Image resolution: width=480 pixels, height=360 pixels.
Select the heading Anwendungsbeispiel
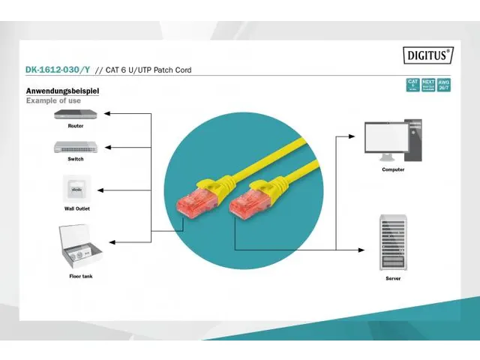pos(63,91)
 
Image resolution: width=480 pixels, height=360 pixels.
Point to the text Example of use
pos(53,100)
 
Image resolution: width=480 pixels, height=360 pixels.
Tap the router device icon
pos(75,114)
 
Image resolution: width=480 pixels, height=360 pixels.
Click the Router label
pos(75,126)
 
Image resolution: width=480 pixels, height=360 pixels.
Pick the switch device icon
pos(75,147)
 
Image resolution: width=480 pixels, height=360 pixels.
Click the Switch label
pos(75,159)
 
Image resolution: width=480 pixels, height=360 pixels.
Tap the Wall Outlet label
pos(76,208)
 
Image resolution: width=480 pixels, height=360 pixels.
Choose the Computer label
pos(392,169)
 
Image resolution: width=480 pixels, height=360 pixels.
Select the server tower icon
pos(392,243)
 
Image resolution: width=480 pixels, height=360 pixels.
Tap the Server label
pos(392,277)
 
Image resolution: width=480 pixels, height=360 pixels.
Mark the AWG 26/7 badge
pos(445,84)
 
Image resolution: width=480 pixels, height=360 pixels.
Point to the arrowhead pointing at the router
pos(106,114)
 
